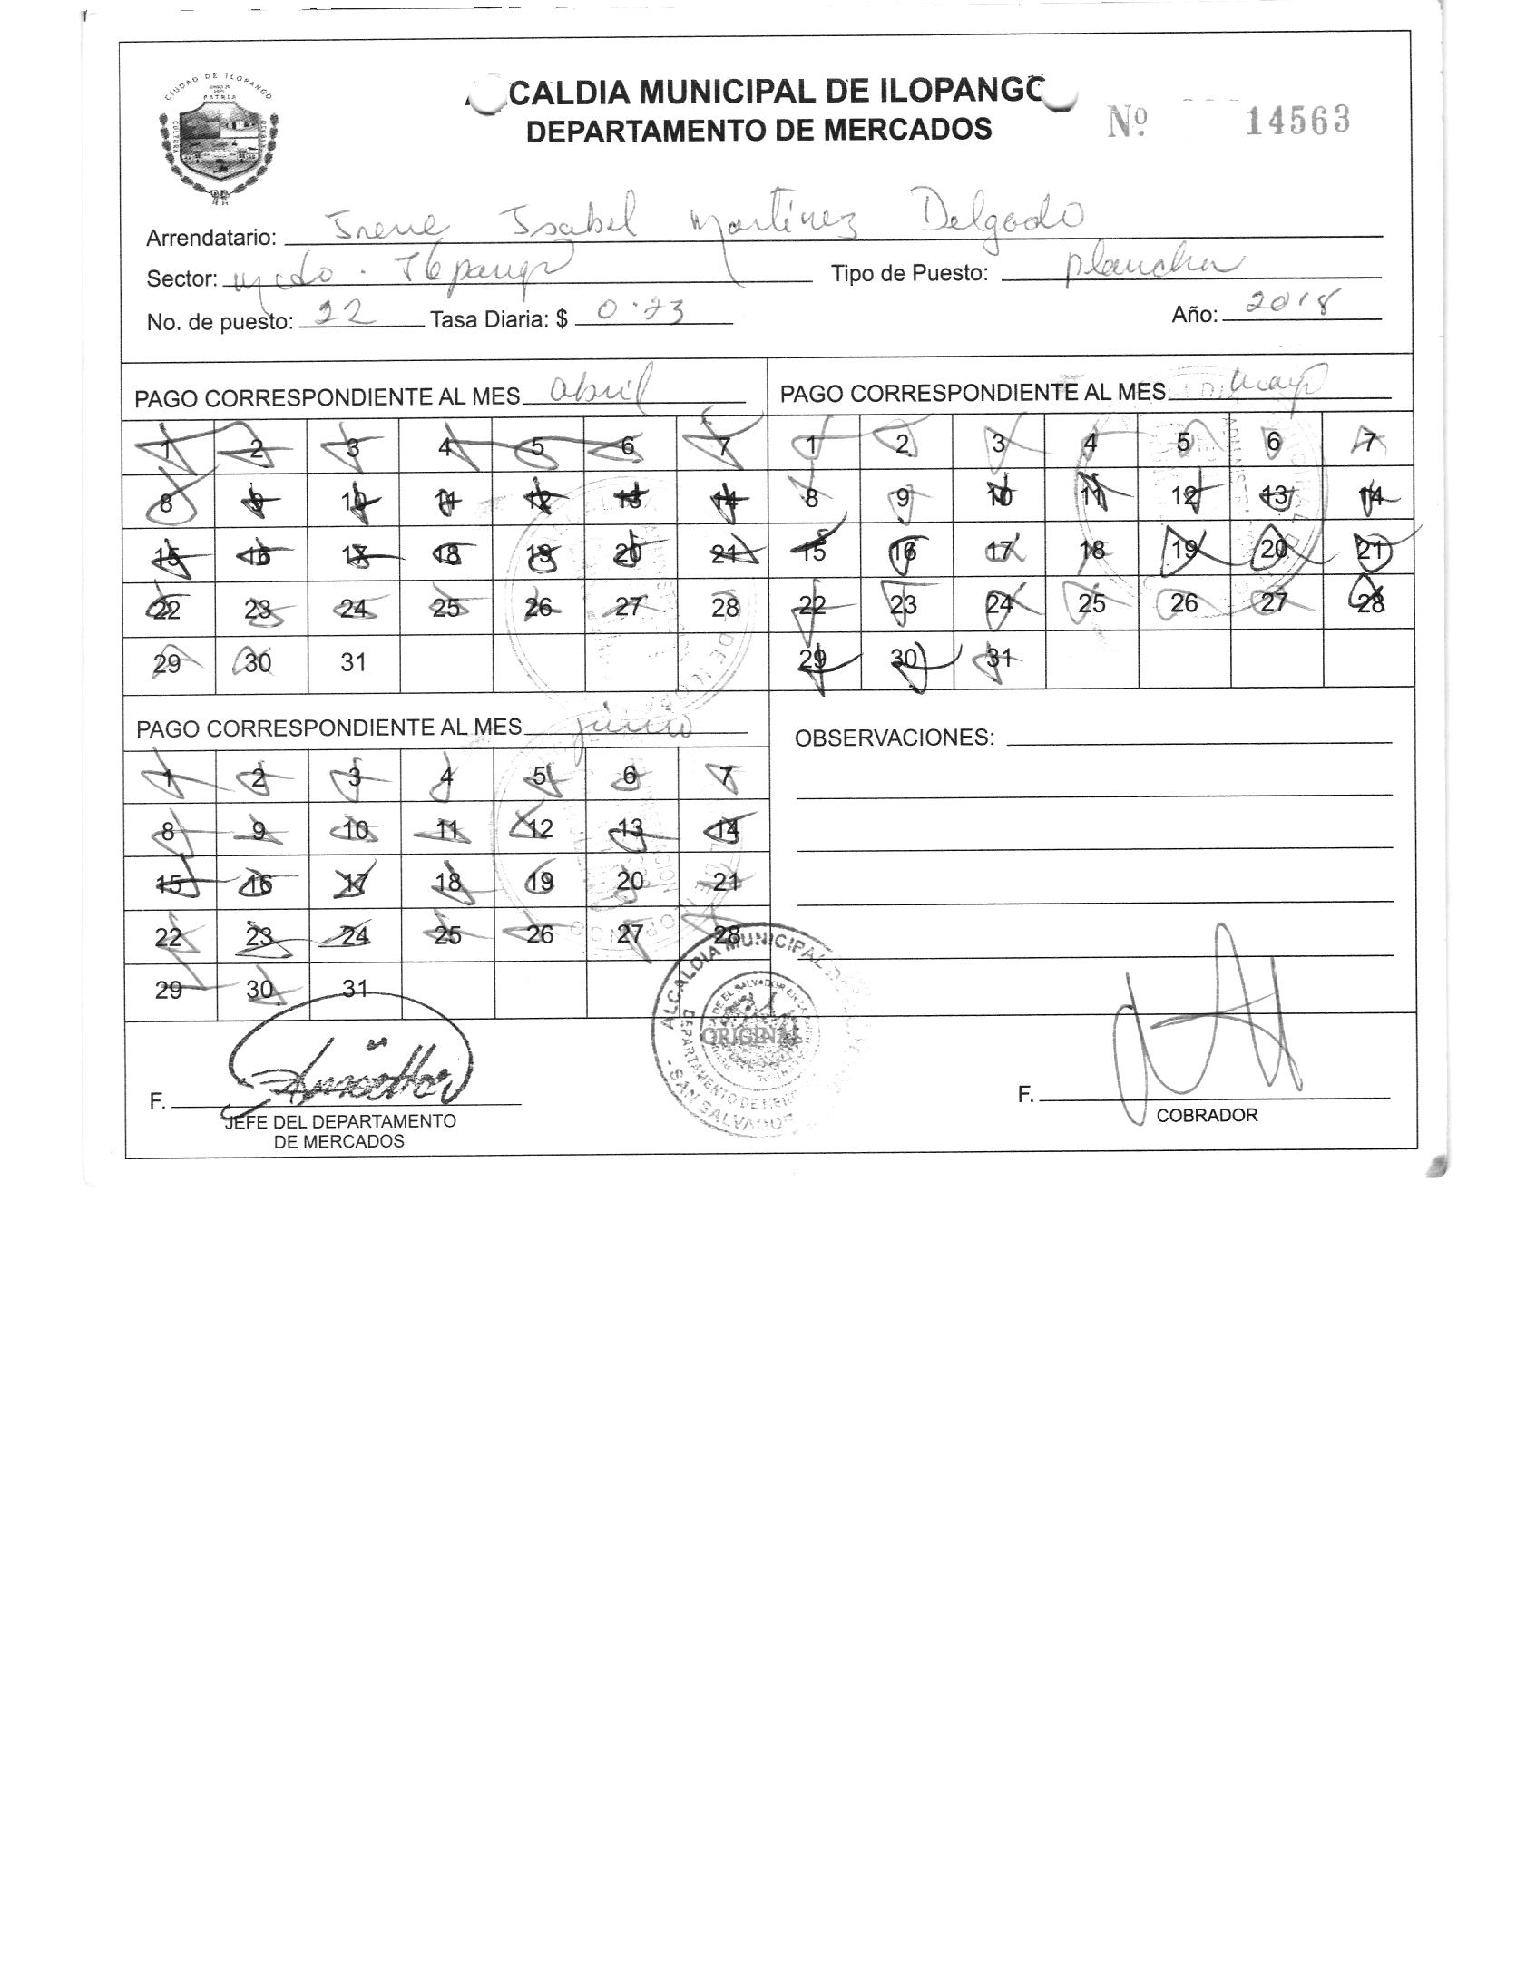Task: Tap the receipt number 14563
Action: click(x=1297, y=121)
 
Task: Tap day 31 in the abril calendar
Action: click(x=353, y=662)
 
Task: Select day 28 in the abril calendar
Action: click(x=725, y=607)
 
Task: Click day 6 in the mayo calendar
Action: click(x=1274, y=442)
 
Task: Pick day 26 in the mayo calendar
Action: click(x=1184, y=603)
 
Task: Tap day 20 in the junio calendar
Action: click(x=630, y=881)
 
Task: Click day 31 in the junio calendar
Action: click(x=355, y=989)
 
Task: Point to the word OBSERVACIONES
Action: click(x=894, y=738)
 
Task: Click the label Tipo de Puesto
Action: click(x=909, y=273)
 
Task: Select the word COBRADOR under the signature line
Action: click(x=1207, y=1115)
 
